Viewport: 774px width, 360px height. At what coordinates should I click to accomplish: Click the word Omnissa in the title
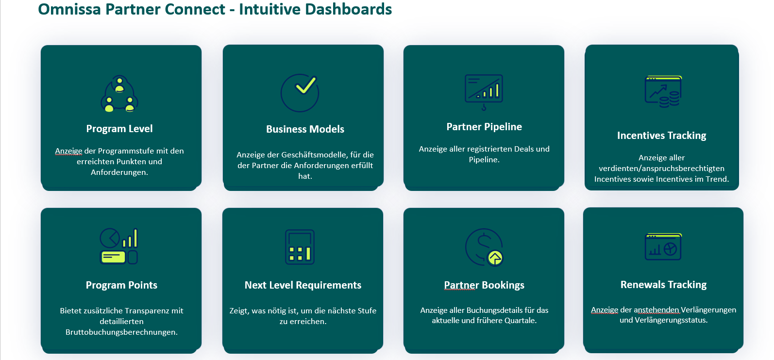tap(69, 9)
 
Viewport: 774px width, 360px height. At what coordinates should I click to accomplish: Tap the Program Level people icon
tap(119, 94)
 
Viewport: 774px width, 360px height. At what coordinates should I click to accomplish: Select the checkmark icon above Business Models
tap(300, 93)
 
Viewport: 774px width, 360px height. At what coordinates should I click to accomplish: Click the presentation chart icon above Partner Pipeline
tap(484, 92)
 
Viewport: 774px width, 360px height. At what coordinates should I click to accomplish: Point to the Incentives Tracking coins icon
tap(663, 92)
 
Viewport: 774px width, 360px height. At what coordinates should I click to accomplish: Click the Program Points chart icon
tap(119, 246)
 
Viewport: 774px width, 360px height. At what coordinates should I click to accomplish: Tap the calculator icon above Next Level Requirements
tap(300, 247)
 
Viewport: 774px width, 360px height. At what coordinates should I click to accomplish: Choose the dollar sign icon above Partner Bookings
tap(484, 247)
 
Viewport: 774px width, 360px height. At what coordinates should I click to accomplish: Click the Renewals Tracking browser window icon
tap(663, 247)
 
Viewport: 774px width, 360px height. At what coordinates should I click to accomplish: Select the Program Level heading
tap(119, 129)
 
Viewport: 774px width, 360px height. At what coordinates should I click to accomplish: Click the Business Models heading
tap(305, 129)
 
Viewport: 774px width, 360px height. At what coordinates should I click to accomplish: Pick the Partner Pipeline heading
tap(484, 127)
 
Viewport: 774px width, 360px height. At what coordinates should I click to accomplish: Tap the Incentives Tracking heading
tap(661, 136)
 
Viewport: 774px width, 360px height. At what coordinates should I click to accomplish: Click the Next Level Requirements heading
tap(303, 285)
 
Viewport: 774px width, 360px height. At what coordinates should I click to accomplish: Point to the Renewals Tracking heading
tap(663, 285)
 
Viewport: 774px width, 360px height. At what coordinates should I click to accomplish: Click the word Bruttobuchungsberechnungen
tap(121, 332)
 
